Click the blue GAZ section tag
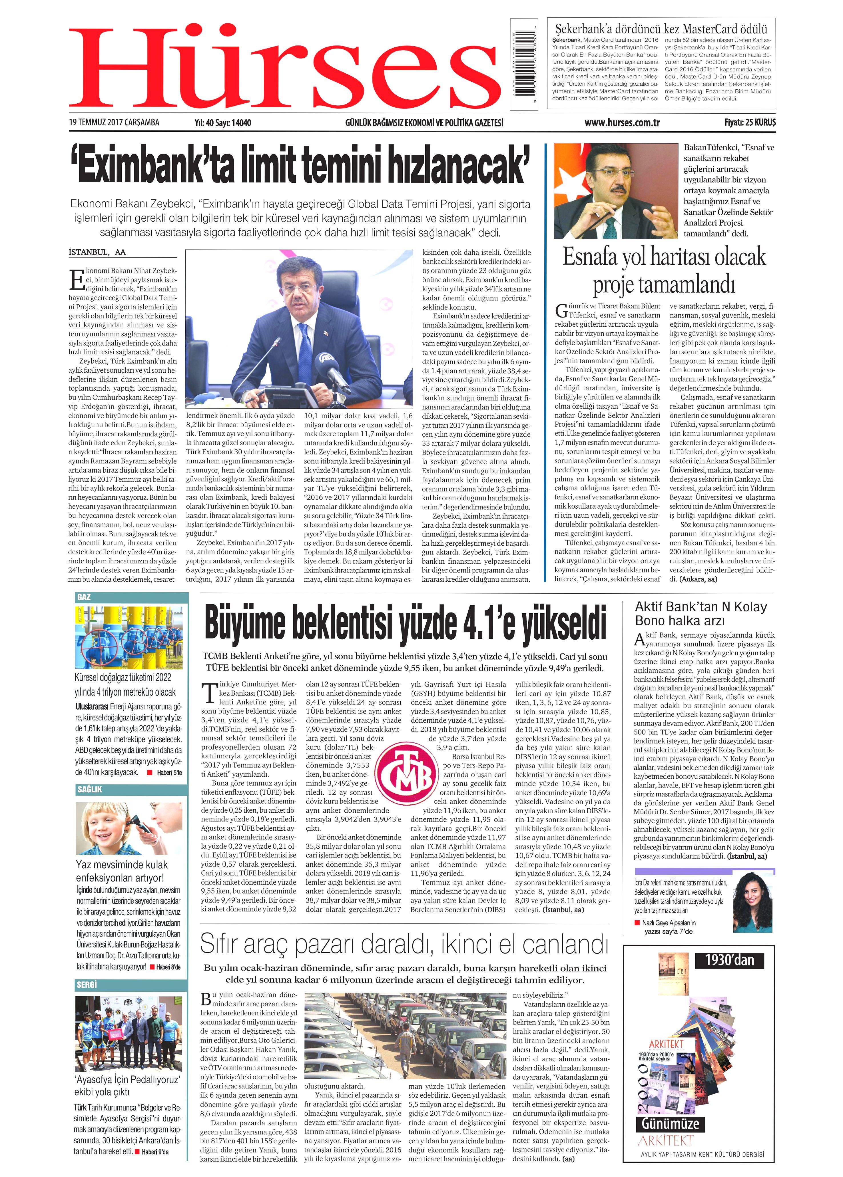(84, 597)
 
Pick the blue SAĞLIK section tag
(89, 789)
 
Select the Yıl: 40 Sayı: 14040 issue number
(222, 123)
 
